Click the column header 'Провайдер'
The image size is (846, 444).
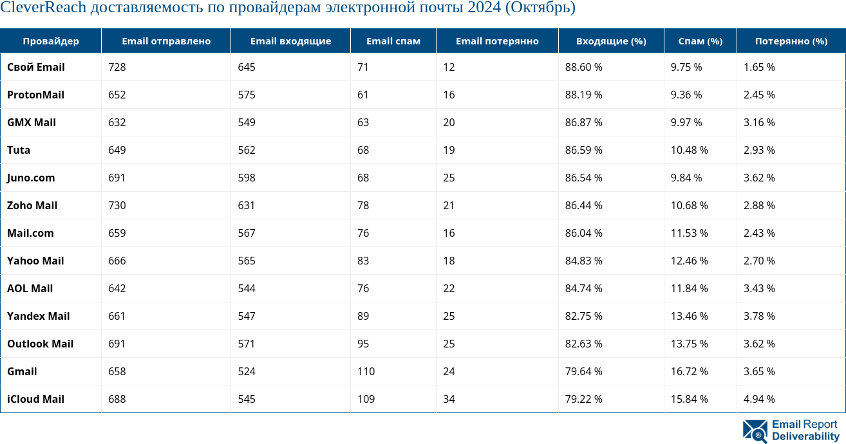(x=51, y=41)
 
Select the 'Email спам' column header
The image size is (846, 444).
(x=393, y=41)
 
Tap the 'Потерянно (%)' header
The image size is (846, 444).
(x=791, y=41)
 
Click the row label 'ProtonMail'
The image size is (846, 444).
(x=35, y=95)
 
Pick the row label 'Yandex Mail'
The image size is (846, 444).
(x=38, y=316)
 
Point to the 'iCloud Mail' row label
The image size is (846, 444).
(x=35, y=399)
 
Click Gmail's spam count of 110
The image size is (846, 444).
(x=366, y=371)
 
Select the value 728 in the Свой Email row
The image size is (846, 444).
(x=117, y=67)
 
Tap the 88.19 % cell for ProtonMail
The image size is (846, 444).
(x=583, y=95)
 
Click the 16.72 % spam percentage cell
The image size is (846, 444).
(x=689, y=371)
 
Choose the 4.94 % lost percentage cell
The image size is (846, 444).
(x=759, y=399)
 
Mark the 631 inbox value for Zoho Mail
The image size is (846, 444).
(x=247, y=205)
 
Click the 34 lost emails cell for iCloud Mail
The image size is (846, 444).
(x=449, y=399)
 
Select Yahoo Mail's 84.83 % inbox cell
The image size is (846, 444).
(x=583, y=261)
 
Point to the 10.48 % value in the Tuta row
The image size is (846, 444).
(x=689, y=150)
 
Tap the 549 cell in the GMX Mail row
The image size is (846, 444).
(x=247, y=122)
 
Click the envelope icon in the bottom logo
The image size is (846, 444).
(x=755, y=431)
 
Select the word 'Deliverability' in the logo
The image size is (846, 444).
(x=805, y=436)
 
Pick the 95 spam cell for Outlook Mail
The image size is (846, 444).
(x=363, y=344)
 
